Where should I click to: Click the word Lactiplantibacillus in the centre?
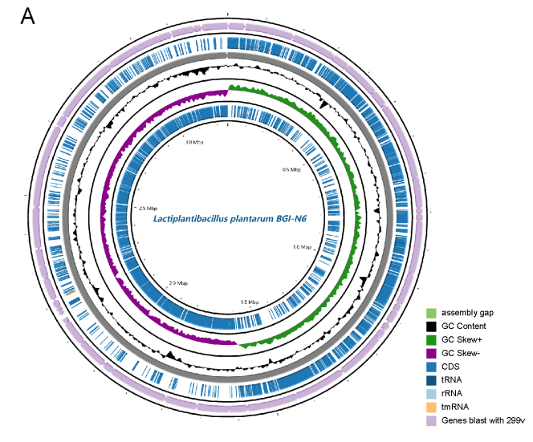188,220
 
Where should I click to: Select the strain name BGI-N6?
288,220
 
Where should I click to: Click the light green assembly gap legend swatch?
432,312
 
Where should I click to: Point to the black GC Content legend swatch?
432,326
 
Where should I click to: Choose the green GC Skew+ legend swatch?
432,339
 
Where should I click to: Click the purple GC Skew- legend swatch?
432,353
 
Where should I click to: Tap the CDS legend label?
450,367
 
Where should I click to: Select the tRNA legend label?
451,380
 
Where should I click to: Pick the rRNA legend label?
451,394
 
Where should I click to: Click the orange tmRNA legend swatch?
432,408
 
